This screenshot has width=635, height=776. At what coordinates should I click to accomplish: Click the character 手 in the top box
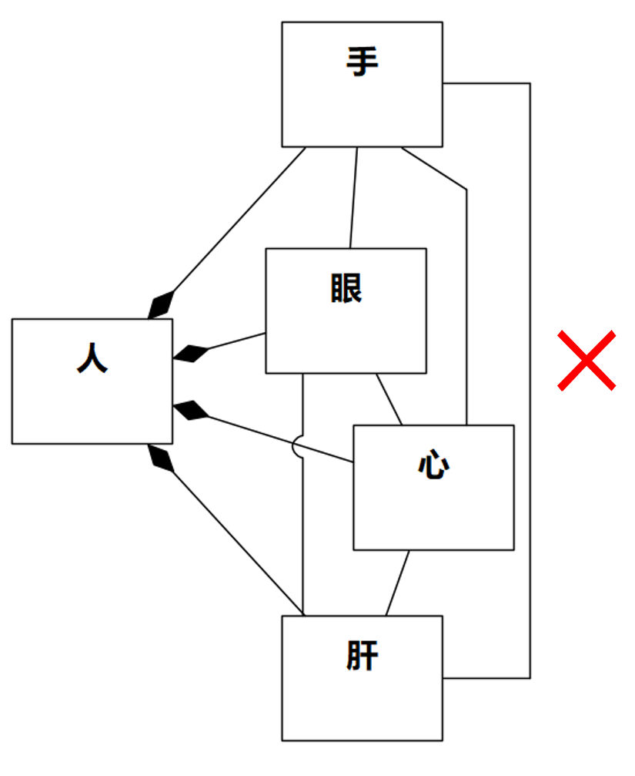click(362, 62)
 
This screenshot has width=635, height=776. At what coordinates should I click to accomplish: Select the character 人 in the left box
click(92, 358)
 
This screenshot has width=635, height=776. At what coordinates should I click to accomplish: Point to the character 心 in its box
click(433, 465)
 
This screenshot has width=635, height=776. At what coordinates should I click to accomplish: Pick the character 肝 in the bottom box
click(362, 657)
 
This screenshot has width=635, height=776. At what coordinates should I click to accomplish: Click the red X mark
click(587, 360)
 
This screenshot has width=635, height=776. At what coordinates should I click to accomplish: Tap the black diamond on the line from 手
click(162, 304)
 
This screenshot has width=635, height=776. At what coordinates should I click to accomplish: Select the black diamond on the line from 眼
click(191, 354)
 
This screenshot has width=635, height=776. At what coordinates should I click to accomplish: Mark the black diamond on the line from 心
click(191, 411)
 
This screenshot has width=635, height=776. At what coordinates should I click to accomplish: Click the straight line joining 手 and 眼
click(353, 197)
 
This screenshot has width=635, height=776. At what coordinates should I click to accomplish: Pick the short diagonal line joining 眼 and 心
click(389, 399)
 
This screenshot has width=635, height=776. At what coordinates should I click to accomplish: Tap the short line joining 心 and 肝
click(397, 583)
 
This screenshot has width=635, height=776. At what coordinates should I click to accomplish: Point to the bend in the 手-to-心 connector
click(466, 188)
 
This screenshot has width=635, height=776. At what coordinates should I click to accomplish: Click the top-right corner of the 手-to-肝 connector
click(530, 83)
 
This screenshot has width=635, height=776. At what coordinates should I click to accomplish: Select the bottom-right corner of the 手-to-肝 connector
click(530, 678)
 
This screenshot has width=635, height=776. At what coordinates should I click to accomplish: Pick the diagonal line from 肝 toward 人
click(239, 539)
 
